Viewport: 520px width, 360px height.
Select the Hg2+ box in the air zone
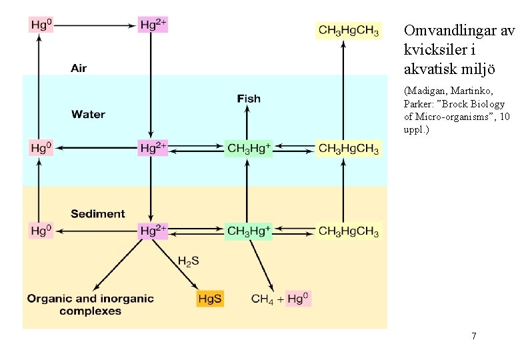153,25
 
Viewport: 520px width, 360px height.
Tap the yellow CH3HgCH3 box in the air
349,31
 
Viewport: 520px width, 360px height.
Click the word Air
79,68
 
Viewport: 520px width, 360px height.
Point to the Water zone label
89,115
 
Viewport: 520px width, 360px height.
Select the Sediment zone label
97,214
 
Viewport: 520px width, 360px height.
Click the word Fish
249,99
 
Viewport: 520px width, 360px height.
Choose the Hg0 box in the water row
41,148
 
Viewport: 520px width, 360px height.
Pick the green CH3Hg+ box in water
249,148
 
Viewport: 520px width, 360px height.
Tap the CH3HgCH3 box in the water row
349,148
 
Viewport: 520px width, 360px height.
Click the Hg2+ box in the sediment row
153,231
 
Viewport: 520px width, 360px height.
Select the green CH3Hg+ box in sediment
249,231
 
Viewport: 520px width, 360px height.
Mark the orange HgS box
210,299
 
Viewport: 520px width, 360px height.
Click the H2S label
188,261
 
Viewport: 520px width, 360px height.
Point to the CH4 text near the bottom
262,299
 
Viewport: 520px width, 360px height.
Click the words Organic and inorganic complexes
90,305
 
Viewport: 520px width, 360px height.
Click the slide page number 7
473,336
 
